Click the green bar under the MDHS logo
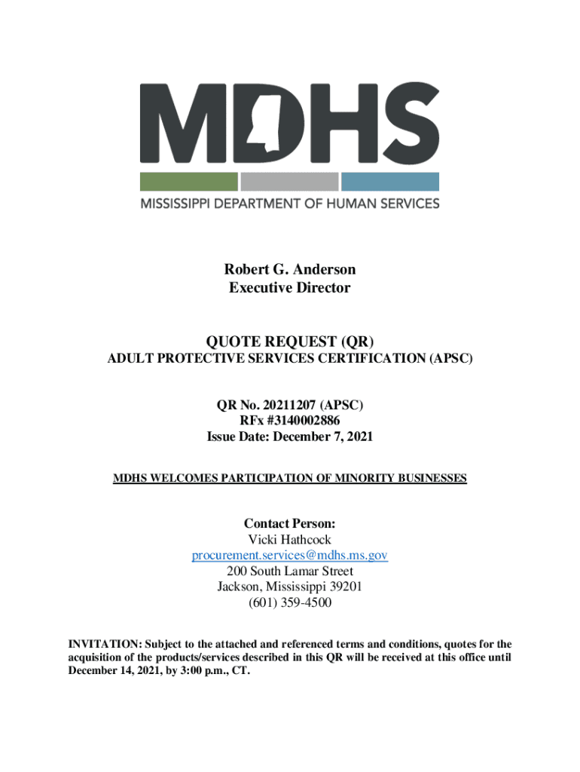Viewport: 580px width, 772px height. (x=188, y=182)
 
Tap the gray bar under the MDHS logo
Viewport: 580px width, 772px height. (x=289, y=182)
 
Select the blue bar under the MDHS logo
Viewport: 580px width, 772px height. (x=389, y=182)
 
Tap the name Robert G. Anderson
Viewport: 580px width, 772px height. (x=289, y=269)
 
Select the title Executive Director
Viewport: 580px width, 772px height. (x=289, y=288)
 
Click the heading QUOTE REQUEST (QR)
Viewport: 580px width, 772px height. (x=289, y=342)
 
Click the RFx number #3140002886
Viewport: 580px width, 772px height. (x=305, y=421)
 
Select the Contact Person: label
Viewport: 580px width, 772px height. (x=289, y=522)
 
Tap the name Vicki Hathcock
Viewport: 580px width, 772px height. (x=289, y=540)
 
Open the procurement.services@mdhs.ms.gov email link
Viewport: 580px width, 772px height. (x=289, y=556)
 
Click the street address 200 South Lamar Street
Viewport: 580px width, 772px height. (x=289, y=571)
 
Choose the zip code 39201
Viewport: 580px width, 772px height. (x=344, y=587)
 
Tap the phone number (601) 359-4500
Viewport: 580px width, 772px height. (x=289, y=603)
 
